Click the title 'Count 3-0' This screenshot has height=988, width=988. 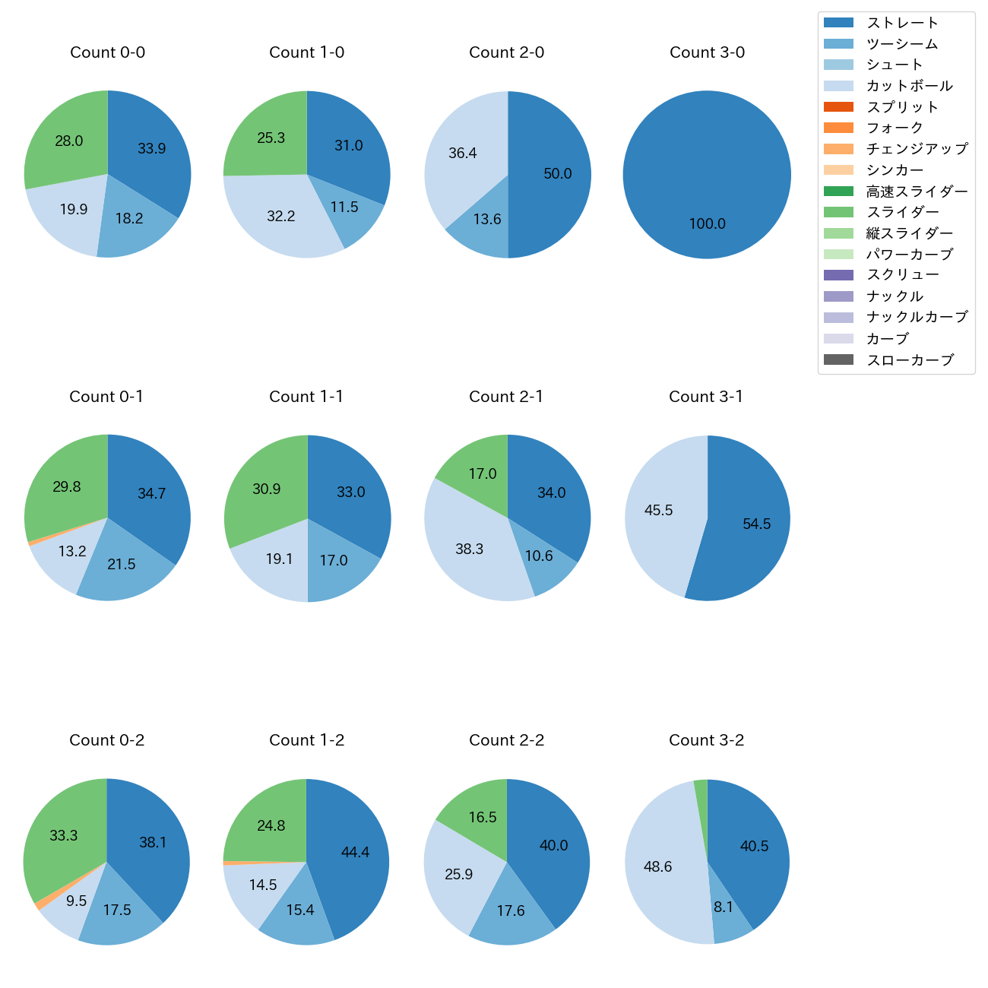(707, 52)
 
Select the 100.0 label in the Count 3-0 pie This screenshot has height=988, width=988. (707, 224)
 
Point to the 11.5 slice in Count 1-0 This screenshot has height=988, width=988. (346, 209)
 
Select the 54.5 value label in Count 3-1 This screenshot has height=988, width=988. (756, 524)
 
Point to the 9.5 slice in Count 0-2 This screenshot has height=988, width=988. (72, 904)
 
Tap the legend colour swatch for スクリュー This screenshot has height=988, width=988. (838, 275)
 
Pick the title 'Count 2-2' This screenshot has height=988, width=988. (506, 740)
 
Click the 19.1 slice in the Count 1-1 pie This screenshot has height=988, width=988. (277, 562)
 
